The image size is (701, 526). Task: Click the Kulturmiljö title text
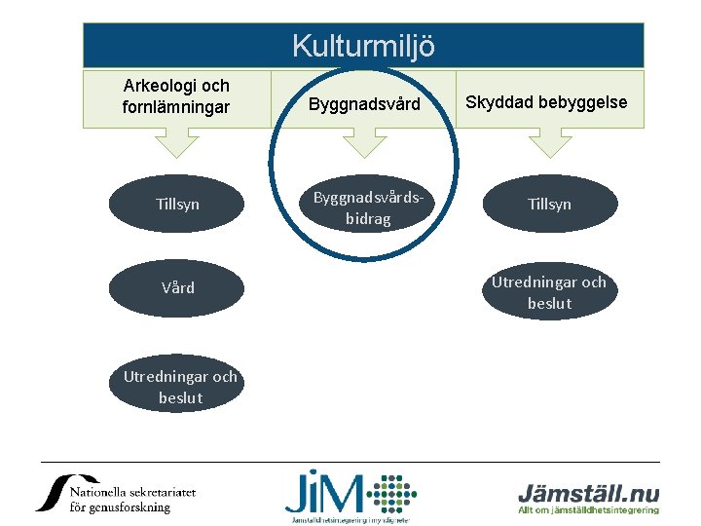pyautogui.click(x=363, y=46)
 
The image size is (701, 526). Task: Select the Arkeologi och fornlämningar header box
pyautogui.click(x=176, y=98)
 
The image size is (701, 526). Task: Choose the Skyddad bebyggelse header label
pyautogui.click(x=546, y=102)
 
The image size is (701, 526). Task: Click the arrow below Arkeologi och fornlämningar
pyautogui.click(x=176, y=142)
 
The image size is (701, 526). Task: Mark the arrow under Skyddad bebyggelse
pyautogui.click(x=550, y=142)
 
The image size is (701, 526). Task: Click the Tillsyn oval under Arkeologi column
pyautogui.click(x=177, y=205)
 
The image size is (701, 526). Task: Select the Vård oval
pyautogui.click(x=177, y=288)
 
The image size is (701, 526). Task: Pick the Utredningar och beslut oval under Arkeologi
pyautogui.click(x=180, y=387)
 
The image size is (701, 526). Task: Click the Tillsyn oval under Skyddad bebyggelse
pyautogui.click(x=549, y=205)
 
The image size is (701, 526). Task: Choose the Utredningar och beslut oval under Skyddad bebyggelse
pyautogui.click(x=549, y=291)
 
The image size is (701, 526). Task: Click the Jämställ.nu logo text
pyautogui.click(x=588, y=491)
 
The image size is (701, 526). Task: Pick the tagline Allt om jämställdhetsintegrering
pyautogui.click(x=588, y=509)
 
